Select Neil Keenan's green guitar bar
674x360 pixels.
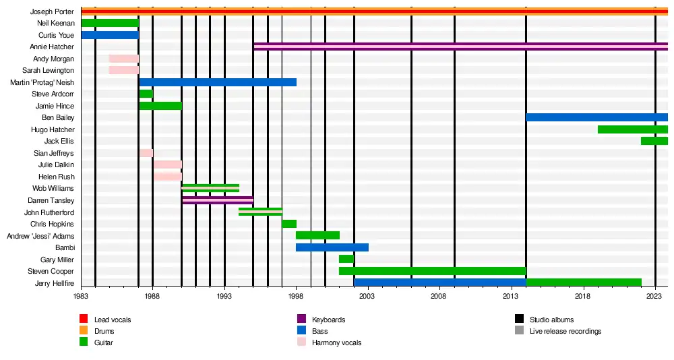tap(109, 23)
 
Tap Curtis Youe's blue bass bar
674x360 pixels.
tap(109, 35)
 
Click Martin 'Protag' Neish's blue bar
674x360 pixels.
tap(217, 82)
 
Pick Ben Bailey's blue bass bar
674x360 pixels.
tap(596, 117)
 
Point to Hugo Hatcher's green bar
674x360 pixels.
tap(632, 129)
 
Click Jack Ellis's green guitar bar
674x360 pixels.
tap(653, 141)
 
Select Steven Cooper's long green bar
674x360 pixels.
tap(431, 271)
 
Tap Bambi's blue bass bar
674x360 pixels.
tap(332, 247)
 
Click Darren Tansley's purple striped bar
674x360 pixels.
tap(217, 200)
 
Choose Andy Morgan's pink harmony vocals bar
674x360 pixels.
tap(123, 59)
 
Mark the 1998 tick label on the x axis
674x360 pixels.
tap(296, 296)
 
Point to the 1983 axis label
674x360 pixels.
tap(81, 296)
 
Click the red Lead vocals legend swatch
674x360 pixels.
tap(84, 319)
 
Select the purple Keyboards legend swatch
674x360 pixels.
tap(301, 319)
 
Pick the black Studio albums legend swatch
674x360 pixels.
tap(519, 319)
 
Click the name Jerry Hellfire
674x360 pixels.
tap(54, 283)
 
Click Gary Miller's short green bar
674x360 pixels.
tap(346, 259)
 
